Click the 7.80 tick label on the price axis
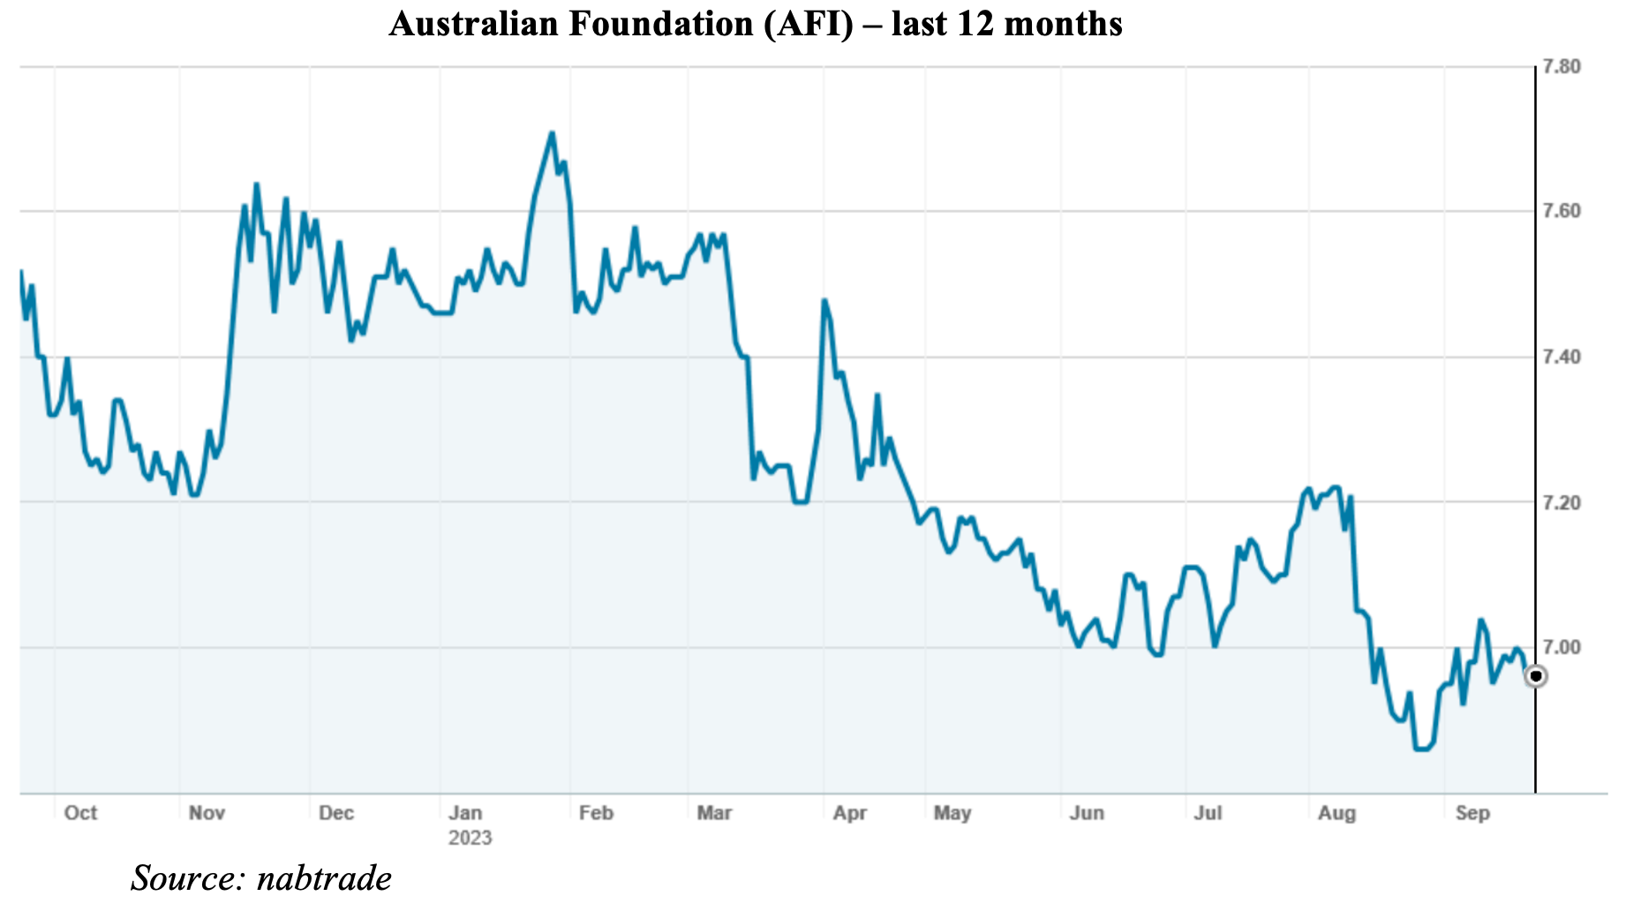(x=1561, y=67)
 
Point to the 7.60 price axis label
(x=1561, y=212)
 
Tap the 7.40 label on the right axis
(x=1561, y=358)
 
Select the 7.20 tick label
(x=1561, y=503)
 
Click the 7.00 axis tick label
(x=1561, y=648)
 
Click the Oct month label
(x=80, y=813)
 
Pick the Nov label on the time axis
(x=207, y=813)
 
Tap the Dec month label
(x=336, y=813)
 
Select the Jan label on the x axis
(x=465, y=813)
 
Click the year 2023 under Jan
(x=470, y=838)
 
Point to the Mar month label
(x=714, y=813)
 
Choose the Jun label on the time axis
(x=1087, y=813)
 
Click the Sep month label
(x=1472, y=813)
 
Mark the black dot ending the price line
(x=1536, y=677)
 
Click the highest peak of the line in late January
(x=552, y=133)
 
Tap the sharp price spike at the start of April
(x=824, y=301)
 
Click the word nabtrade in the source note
(x=324, y=879)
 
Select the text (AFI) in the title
(x=810, y=24)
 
